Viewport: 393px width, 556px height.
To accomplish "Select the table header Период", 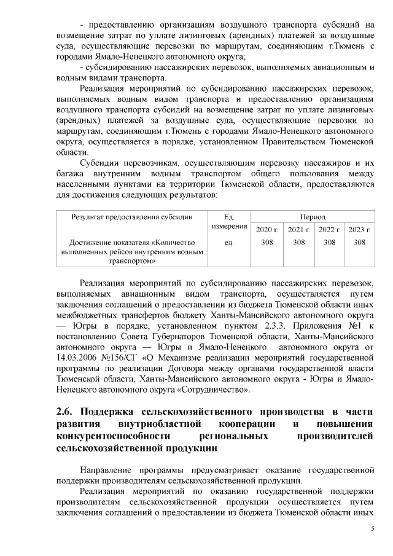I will (313, 217).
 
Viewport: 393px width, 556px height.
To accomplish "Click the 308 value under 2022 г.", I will (329, 242).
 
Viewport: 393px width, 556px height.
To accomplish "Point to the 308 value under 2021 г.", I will (298, 242).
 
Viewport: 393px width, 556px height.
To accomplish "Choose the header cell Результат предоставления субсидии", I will (132, 217).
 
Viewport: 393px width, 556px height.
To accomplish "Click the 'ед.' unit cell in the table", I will (230, 242).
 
